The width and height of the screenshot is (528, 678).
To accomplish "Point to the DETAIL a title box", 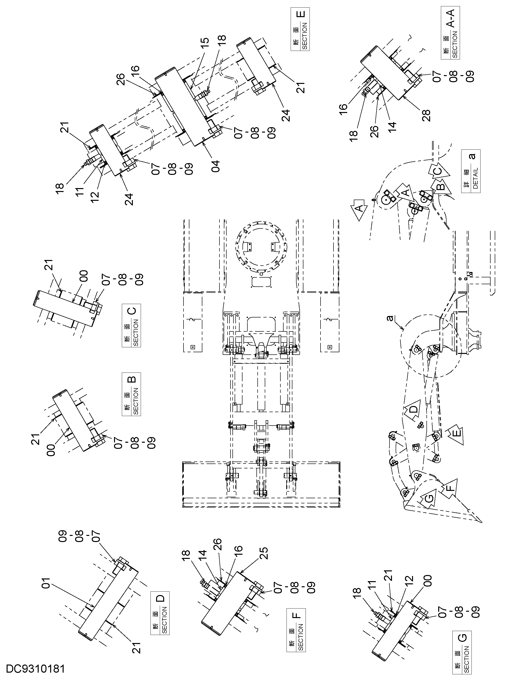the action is [x=471, y=171].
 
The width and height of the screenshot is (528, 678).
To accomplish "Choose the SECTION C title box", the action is [x=131, y=325].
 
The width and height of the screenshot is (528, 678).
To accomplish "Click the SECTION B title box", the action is [x=131, y=394].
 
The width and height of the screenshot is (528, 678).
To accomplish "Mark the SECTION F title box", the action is [x=296, y=630].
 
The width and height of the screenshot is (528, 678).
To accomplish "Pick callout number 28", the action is [x=426, y=115].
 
